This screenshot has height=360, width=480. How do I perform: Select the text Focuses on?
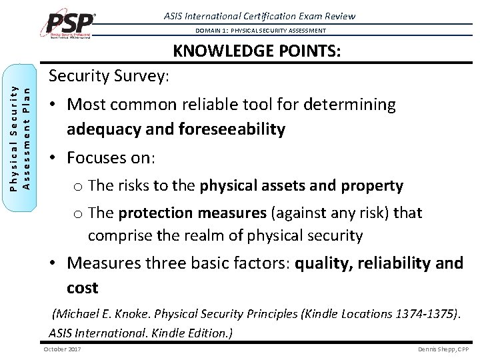[111, 159]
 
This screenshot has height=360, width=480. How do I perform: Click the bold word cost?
[82, 288]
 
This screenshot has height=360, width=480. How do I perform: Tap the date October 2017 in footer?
[62, 349]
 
